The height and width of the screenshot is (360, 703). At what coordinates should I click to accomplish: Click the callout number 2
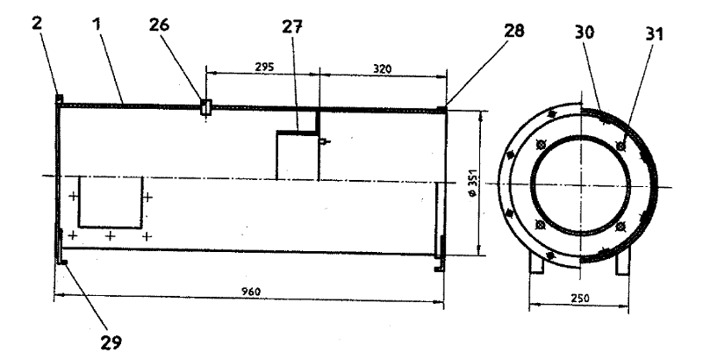tap(37, 24)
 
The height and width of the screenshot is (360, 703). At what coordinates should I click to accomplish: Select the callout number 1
tap(97, 25)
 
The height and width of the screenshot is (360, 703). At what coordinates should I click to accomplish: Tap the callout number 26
tap(159, 25)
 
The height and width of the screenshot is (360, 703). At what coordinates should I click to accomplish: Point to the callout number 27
tap(292, 27)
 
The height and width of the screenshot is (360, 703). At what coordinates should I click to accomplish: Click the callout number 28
tap(513, 31)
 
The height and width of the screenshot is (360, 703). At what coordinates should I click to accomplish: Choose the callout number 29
tap(111, 342)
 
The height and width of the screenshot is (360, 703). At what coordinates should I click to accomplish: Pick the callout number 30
tap(585, 32)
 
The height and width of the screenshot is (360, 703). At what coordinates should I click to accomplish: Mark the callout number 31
tap(654, 34)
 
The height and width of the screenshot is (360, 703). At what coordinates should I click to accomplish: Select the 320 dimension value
tap(382, 68)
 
